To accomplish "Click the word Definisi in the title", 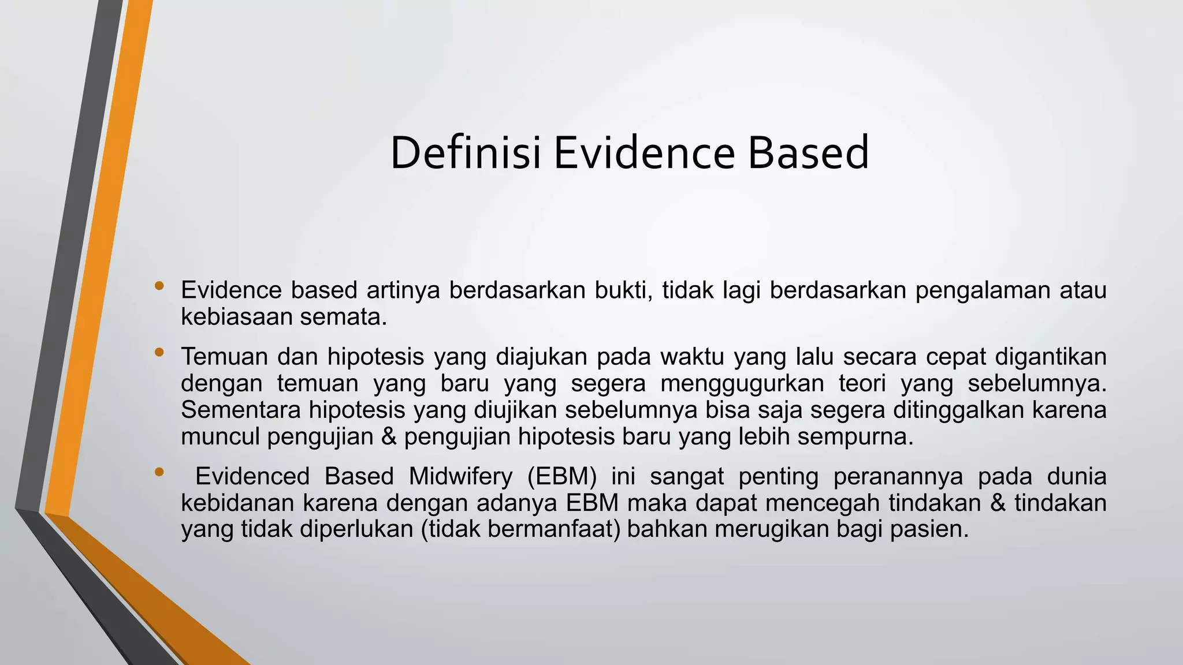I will [466, 152].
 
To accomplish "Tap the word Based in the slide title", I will [808, 152].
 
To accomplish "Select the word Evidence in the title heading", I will [644, 152].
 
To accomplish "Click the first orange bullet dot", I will [159, 285].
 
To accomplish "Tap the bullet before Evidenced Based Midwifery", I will [159, 472].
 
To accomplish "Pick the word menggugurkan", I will [742, 383].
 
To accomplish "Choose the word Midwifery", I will [460, 477].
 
